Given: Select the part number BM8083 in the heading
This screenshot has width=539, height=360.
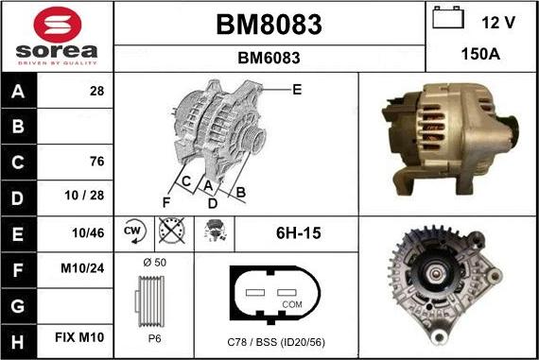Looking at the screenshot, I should (269, 25).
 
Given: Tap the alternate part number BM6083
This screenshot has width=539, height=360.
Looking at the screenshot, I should (269, 58).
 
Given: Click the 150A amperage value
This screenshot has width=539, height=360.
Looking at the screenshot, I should (480, 54).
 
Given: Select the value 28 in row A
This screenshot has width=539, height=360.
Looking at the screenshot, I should (96, 91).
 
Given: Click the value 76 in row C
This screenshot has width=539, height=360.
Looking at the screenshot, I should (96, 162).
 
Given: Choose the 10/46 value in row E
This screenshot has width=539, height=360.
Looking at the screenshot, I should (89, 232).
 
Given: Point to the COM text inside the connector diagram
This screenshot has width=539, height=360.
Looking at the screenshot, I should (292, 304).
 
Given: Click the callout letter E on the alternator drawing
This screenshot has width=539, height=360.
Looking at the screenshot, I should (297, 90).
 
